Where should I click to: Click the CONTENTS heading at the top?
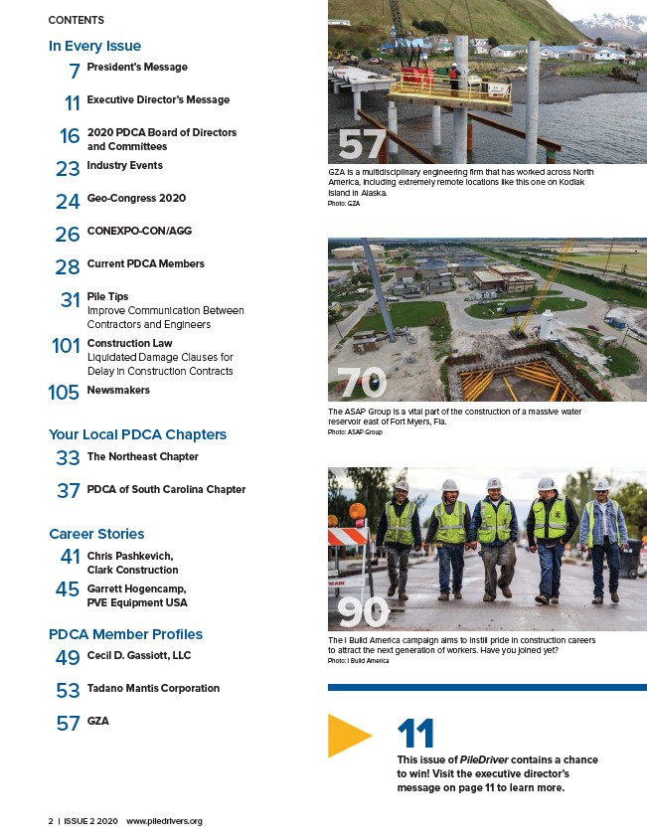click(x=76, y=20)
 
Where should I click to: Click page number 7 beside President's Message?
click(x=75, y=71)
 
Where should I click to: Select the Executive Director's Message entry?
click(x=158, y=99)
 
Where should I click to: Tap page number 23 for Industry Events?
click(x=68, y=169)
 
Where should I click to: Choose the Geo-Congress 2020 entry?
click(x=136, y=198)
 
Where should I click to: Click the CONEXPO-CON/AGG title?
click(x=139, y=231)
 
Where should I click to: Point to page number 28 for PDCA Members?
click(x=68, y=267)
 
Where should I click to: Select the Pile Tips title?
click(x=107, y=296)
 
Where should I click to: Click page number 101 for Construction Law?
click(x=66, y=347)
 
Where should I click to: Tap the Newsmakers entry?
click(x=118, y=390)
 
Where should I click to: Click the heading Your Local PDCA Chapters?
click(x=137, y=434)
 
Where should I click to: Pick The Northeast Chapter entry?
click(x=142, y=456)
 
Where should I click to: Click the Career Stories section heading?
click(x=96, y=534)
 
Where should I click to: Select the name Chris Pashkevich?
click(x=129, y=555)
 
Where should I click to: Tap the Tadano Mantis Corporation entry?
click(x=153, y=688)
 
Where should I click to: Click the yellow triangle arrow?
click(x=348, y=736)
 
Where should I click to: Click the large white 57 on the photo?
click(x=362, y=145)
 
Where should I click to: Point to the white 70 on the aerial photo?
click(x=362, y=383)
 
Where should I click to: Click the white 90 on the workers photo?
click(x=362, y=611)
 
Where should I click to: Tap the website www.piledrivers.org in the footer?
click(x=165, y=821)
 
